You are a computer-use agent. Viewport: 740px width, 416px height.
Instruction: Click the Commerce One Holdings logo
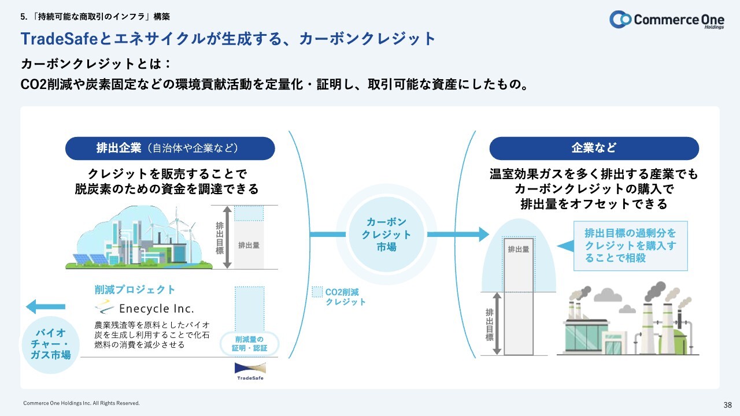[667, 20]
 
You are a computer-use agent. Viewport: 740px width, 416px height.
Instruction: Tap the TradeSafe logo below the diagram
[250, 372]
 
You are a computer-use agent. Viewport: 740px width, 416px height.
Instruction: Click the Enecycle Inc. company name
[156, 309]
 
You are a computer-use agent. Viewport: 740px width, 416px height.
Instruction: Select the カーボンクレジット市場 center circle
[386, 235]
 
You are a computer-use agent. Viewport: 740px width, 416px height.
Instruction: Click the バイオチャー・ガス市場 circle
[50, 344]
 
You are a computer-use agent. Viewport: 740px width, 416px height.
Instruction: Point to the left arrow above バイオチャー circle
[46, 307]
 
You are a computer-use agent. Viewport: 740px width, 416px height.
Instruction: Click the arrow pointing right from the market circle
[458, 235]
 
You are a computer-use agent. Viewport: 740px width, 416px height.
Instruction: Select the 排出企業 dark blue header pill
[170, 148]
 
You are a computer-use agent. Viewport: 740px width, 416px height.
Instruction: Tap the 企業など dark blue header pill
[594, 148]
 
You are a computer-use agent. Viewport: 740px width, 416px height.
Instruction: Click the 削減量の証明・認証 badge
[249, 344]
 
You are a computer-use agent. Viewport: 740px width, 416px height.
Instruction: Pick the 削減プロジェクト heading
[135, 289]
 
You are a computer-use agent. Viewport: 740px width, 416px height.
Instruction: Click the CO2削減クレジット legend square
[317, 292]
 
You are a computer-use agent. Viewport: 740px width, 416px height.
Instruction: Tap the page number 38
[727, 405]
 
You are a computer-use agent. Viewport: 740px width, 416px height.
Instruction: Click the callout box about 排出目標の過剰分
[630, 246]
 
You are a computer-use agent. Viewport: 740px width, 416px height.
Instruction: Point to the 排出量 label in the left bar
[249, 246]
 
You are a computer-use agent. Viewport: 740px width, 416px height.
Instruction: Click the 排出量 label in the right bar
[519, 249]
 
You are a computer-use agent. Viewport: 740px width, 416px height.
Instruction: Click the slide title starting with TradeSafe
[228, 39]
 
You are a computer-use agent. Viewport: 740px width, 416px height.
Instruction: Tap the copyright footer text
[82, 403]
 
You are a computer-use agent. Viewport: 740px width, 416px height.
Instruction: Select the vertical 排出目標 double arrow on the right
[497, 324]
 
